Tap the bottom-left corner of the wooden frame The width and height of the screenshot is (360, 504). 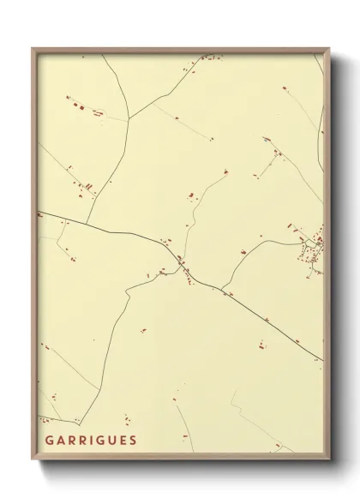(31, 460)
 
